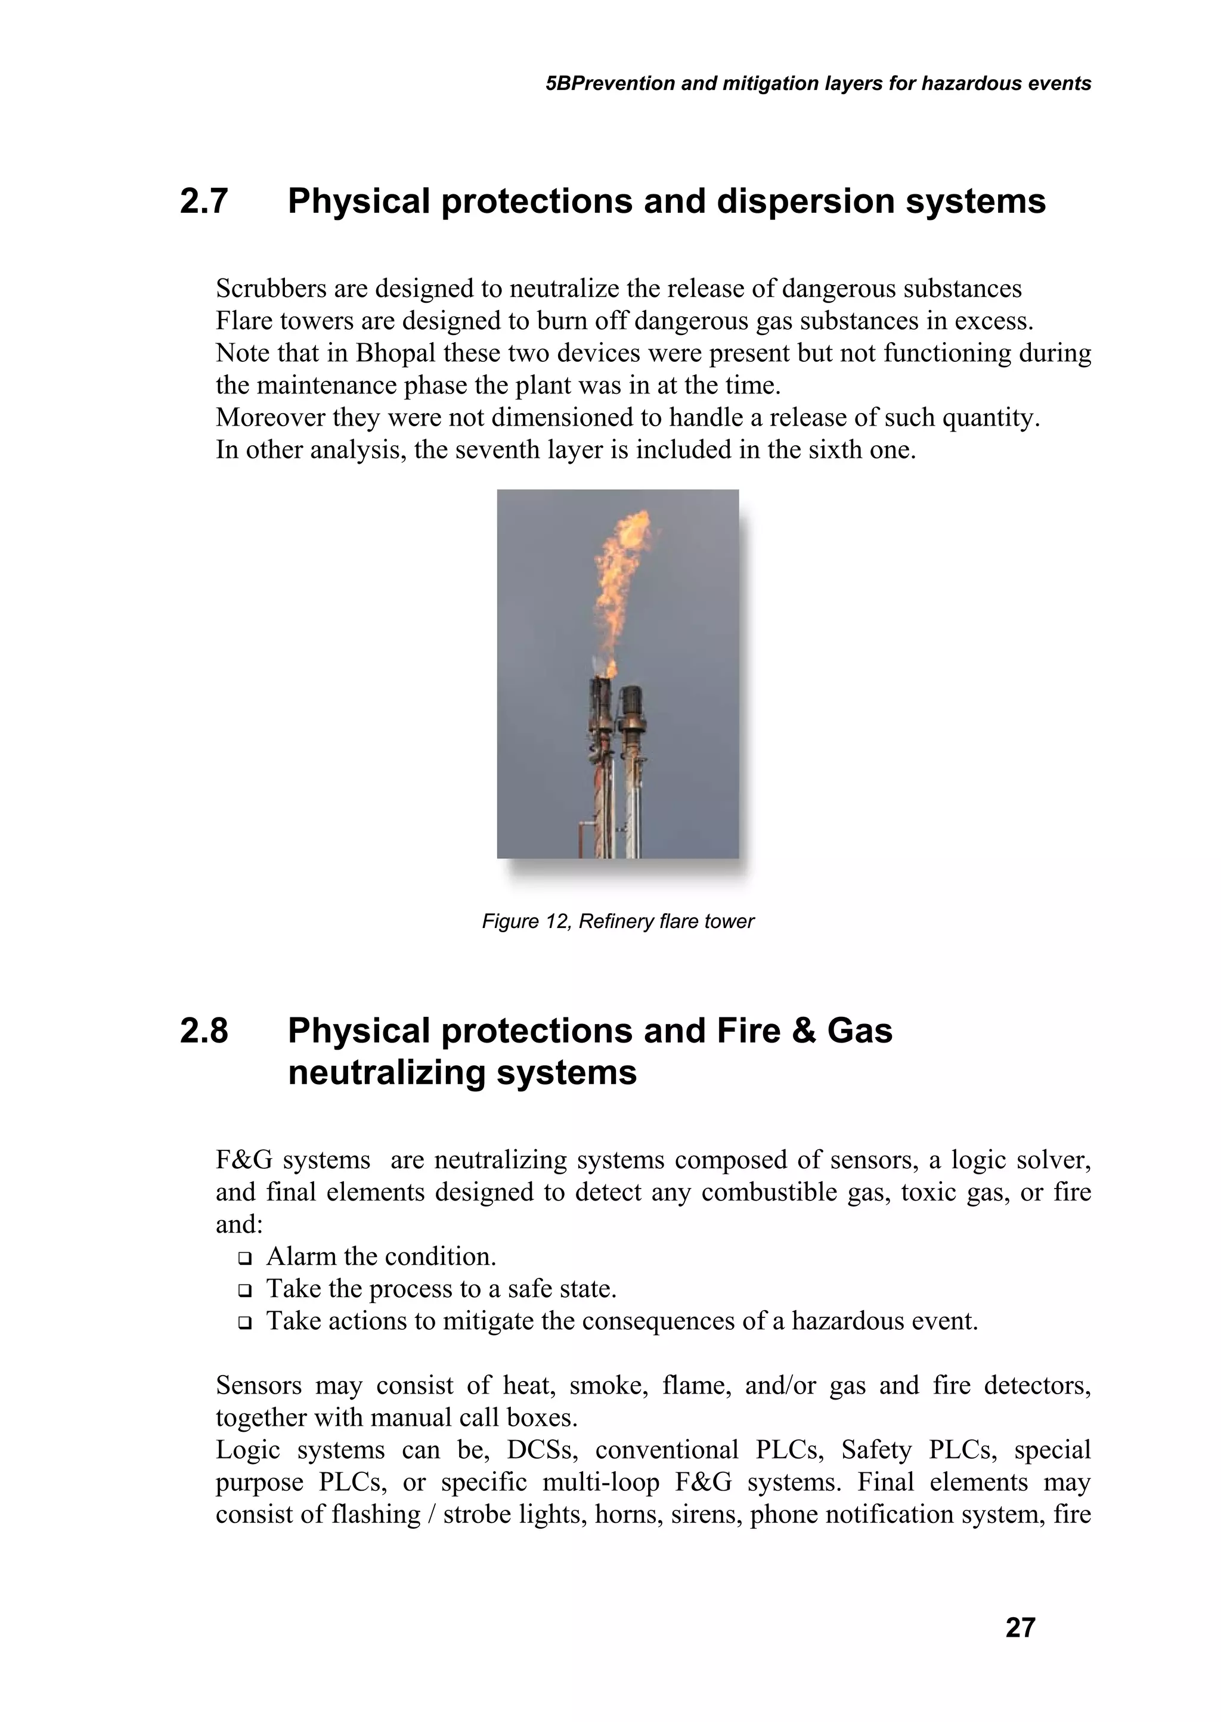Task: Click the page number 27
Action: tap(1019, 1627)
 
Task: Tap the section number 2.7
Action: tap(204, 201)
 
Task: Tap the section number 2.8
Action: tap(204, 1031)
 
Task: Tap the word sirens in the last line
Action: tap(703, 1515)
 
